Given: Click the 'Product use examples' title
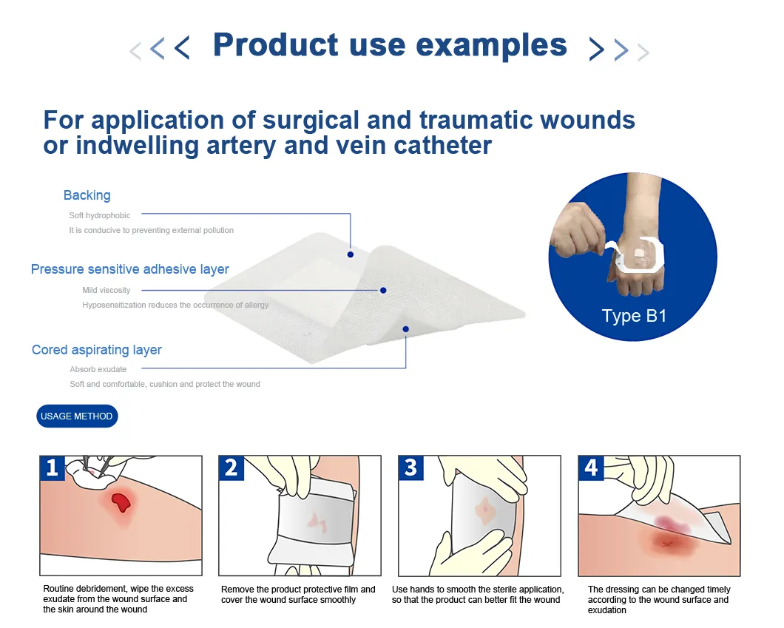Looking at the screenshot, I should (390, 46).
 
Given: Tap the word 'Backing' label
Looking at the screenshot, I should (87, 195).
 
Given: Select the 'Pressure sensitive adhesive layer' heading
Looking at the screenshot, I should (130, 269).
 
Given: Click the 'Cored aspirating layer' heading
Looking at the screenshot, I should (97, 350).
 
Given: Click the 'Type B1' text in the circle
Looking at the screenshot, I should (634, 316).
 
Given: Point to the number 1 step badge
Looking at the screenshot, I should (52, 467).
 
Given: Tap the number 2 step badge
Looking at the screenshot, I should (232, 467).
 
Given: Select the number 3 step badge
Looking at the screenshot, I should (410, 467).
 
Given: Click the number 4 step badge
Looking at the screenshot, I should (590, 467).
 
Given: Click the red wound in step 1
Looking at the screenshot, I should (120, 503).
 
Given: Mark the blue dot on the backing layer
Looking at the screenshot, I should (351, 254).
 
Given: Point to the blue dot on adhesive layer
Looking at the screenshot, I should (383, 290).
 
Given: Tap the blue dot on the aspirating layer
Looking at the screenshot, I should (405, 328).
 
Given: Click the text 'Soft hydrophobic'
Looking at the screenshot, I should (99, 215).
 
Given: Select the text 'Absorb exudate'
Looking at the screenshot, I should (98, 369).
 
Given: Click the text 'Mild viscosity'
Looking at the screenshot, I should (106, 290).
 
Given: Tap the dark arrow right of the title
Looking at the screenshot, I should (596, 49).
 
